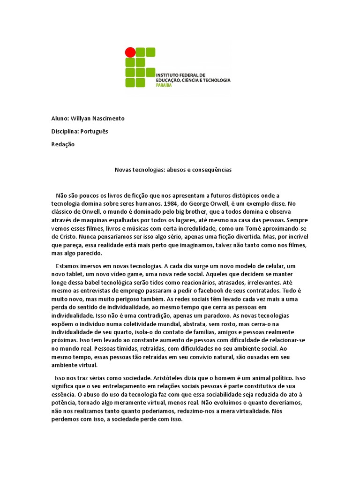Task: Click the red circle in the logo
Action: pos(130,52)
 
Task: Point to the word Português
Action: pos(94,131)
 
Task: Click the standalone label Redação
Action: pos(63,144)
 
